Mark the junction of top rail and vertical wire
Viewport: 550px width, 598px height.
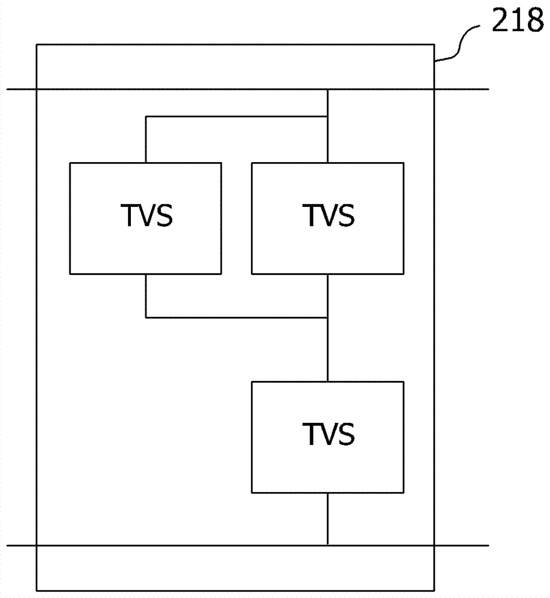coord(328,90)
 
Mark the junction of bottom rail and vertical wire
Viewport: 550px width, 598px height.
coord(328,545)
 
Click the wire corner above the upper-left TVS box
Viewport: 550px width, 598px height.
coord(146,116)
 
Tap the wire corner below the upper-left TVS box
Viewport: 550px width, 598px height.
coord(146,317)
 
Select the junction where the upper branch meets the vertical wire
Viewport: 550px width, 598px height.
coord(328,116)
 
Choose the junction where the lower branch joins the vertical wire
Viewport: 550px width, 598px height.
coord(328,317)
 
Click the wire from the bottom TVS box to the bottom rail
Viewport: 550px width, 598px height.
coord(328,519)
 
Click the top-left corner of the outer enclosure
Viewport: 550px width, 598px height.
coord(37,44)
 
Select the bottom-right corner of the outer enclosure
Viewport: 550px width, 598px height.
coord(435,589)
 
